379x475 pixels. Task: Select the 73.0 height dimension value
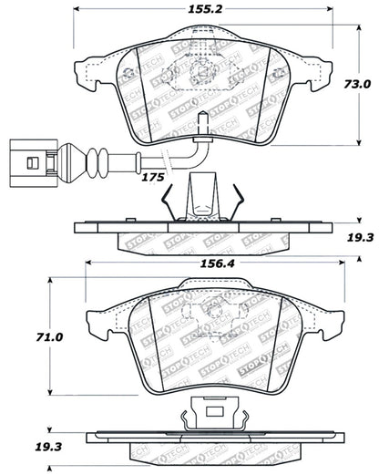point(358,84)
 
